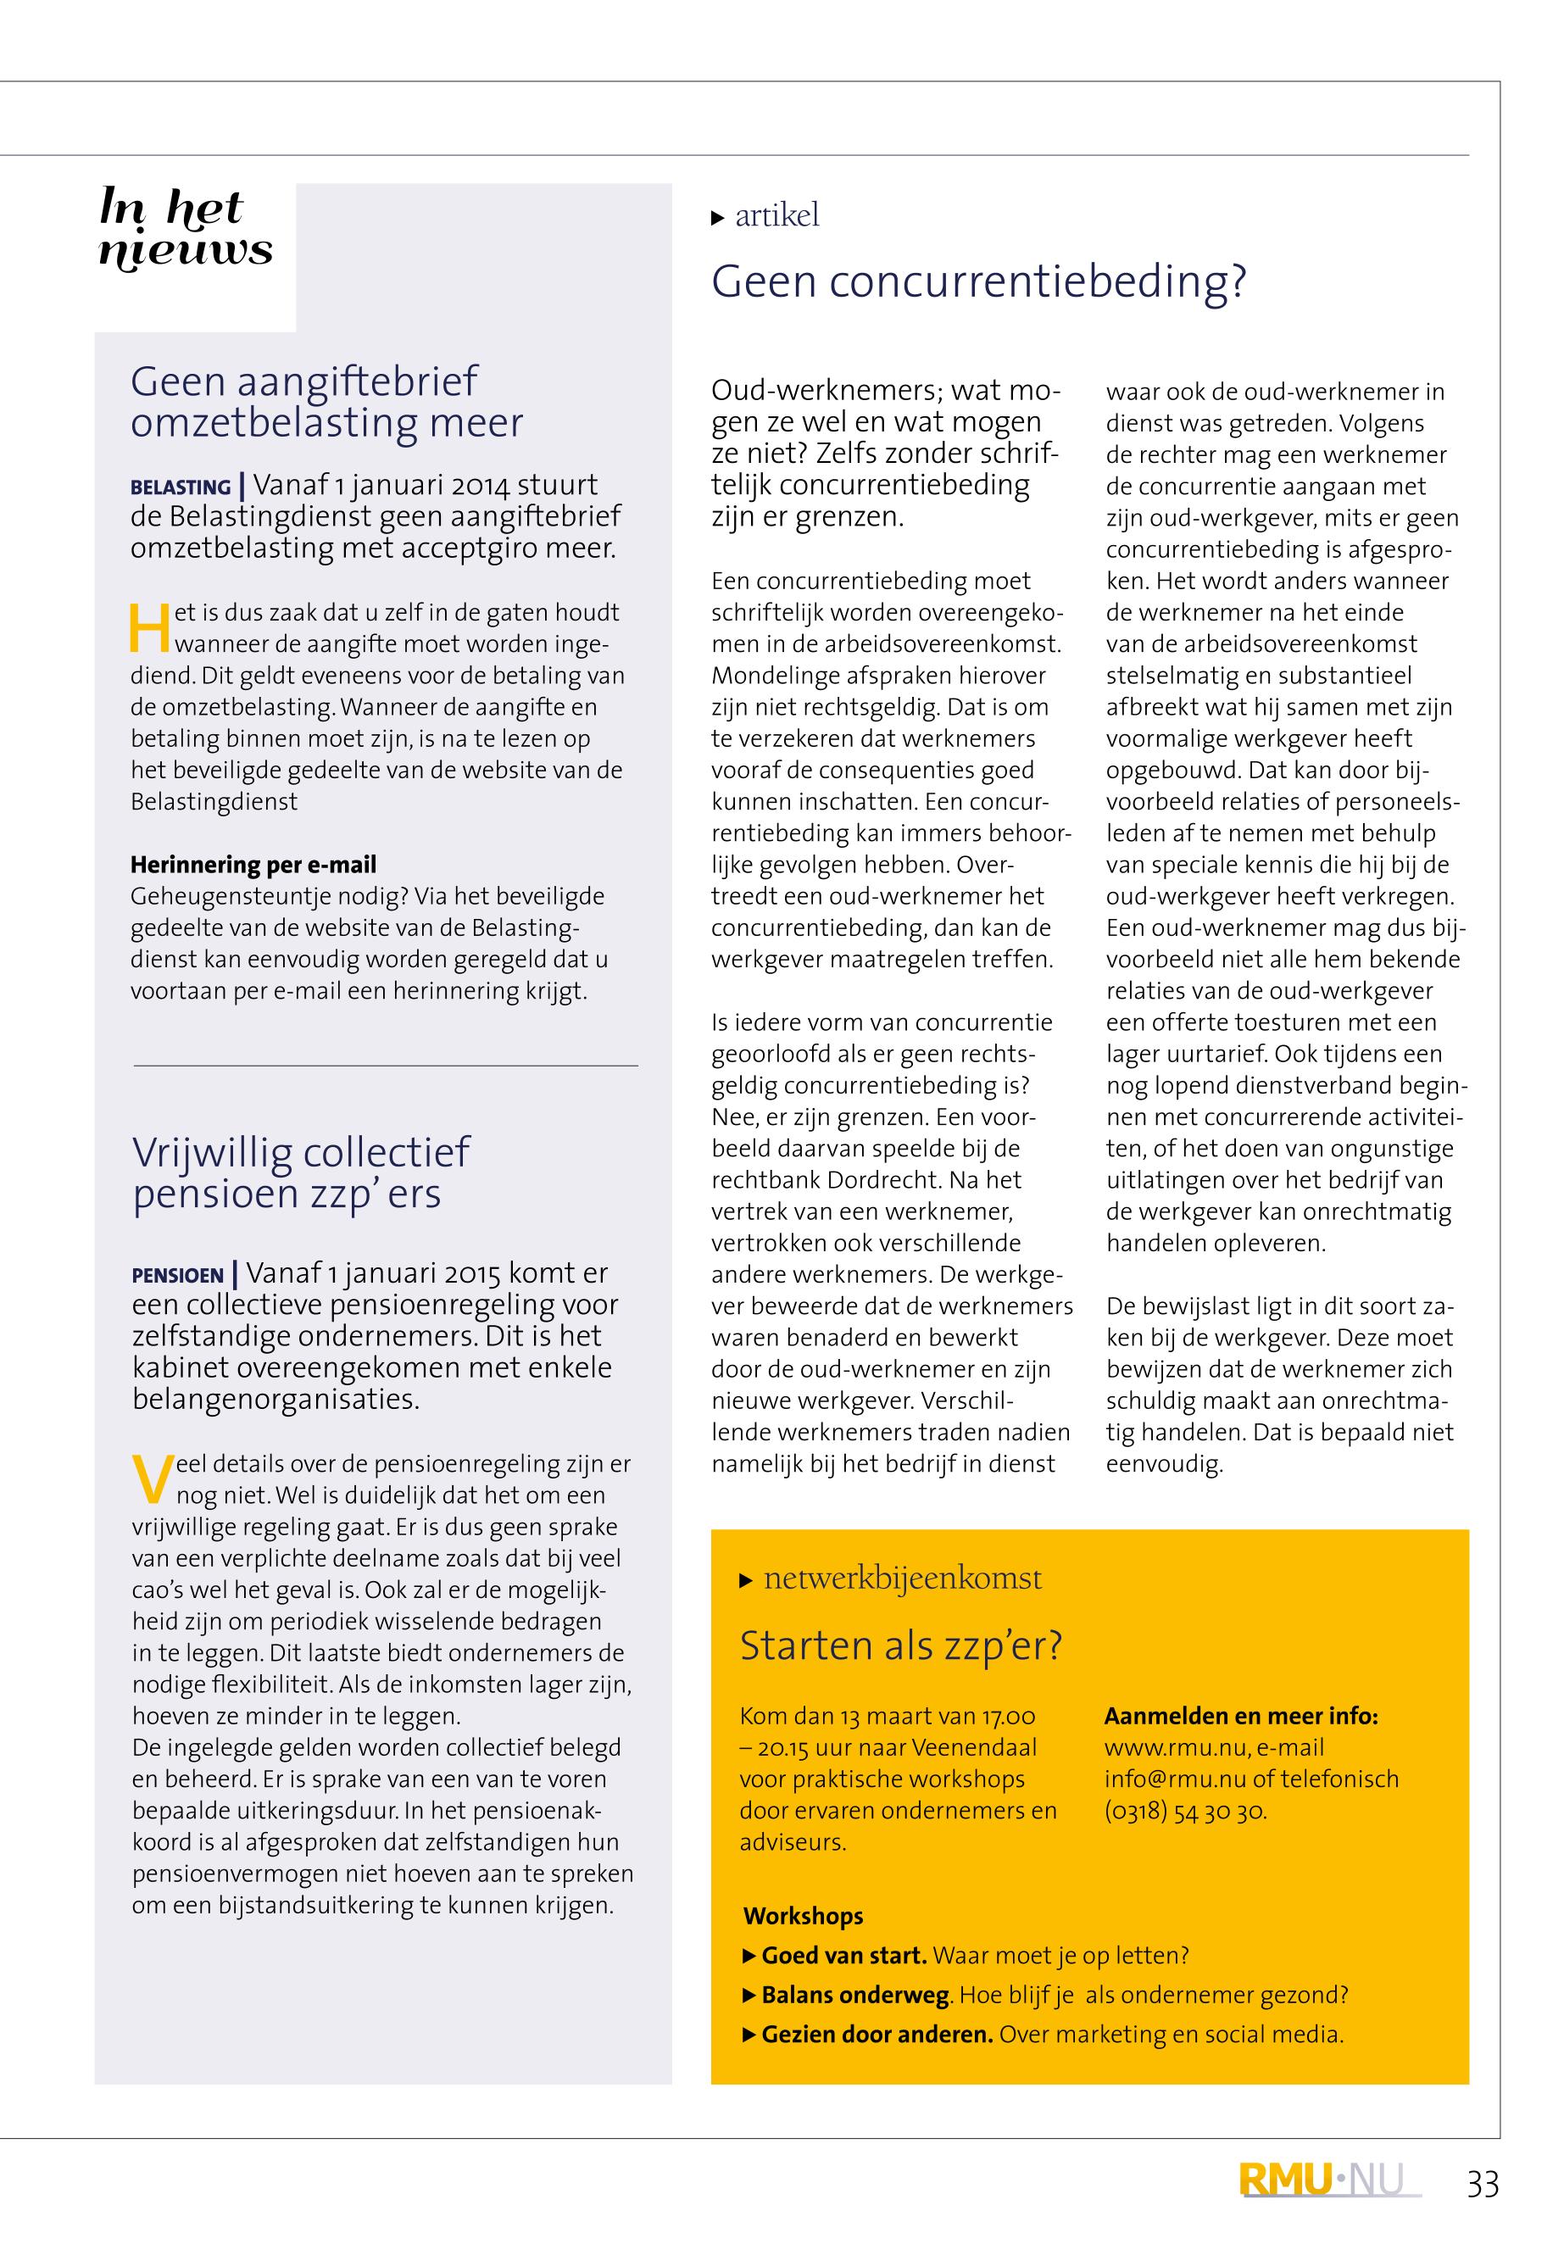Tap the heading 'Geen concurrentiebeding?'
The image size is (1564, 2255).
[x=978, y=281]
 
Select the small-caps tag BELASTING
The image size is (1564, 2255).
[x=181, y=487]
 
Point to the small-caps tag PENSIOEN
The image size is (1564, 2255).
[x=177, y=1275]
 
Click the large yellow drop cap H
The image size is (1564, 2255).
[x=150, y=628]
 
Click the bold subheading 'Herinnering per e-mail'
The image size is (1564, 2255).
[x=253, y=865]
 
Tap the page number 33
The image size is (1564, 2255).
[x=1483, y=2185]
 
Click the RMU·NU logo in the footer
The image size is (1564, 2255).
[x=1330, y=2180]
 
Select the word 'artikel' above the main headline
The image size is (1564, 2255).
[x=777, y=215]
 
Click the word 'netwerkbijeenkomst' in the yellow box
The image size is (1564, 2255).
[x=903, y=1578]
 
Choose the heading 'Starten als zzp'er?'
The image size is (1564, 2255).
[x=900, y=1645]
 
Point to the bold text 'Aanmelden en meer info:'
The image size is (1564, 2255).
[x=1241, y=1715]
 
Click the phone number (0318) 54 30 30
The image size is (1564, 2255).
[x=1185, y=1810]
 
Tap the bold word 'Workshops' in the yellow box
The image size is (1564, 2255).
[x=804, y=1916]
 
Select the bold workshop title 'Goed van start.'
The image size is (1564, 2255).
[x=843, y=1955]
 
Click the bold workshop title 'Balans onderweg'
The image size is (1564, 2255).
[x=854, y=1994]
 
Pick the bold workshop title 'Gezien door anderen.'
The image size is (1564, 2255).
[x=877, y=2034]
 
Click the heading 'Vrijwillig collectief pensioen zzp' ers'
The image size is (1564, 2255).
[x=301, y=1172]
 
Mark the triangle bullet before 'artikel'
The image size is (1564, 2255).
[x=717, y=218]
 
